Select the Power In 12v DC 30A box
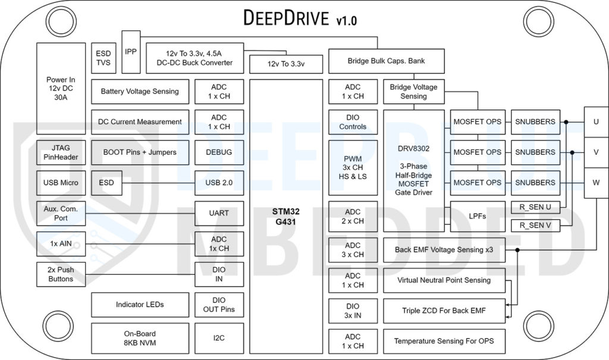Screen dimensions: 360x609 (61, 88)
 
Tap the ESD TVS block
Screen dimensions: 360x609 (103, 58)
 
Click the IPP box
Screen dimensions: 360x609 (131, 52)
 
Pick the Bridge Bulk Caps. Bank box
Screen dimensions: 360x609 (386, 61)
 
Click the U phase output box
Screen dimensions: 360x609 (595, 121)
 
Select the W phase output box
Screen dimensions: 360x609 (595, 182)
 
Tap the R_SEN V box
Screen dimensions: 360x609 (535, 226)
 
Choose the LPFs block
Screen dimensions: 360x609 (477, 216)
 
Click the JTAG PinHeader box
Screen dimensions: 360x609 (61, 152)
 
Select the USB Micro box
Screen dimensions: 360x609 (61, 183)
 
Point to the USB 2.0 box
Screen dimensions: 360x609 (219, 183)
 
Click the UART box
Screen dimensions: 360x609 (219, 213)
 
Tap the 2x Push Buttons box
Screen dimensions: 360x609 (61, 274)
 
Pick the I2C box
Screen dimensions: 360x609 (219, 338)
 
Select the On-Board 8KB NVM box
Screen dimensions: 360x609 (140, 338)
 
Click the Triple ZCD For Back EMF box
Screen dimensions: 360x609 (444, 311)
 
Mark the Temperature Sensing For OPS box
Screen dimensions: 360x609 (444, 341)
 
